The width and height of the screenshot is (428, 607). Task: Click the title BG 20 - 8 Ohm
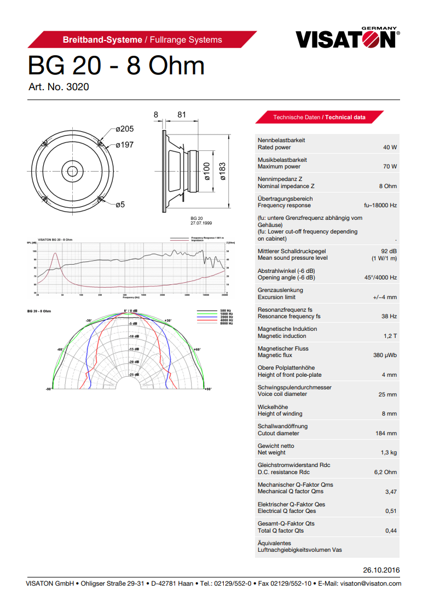[x=116, y=66]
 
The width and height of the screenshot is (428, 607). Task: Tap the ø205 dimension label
[x=124, y=129]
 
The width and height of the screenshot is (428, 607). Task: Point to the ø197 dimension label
[x=124, y=145]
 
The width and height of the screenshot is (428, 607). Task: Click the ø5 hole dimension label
[x=120, y=205]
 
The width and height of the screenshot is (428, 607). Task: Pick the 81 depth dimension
[x=182, y=115]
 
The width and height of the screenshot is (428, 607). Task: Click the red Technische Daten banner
[x=319, y=117]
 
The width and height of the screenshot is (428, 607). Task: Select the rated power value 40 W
[x=390, y=148]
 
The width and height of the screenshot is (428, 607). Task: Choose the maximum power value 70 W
[x=390, y=167]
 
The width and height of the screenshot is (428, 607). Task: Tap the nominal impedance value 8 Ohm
[x=387, y=186]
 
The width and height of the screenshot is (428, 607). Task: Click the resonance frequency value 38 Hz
[x=389, y=317]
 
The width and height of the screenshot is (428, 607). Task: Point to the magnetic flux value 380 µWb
[x=385, y=355]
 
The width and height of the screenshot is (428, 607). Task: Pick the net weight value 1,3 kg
[x=389, y=453]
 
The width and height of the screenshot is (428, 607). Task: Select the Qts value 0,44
[x=391, y=530]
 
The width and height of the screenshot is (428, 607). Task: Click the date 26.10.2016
[x=381, y=570]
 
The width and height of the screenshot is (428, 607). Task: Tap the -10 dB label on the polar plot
[x=134, y=336]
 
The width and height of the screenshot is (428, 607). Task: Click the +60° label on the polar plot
[x=196, y=349]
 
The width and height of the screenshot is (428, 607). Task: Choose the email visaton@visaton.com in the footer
[x=371, y=583]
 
